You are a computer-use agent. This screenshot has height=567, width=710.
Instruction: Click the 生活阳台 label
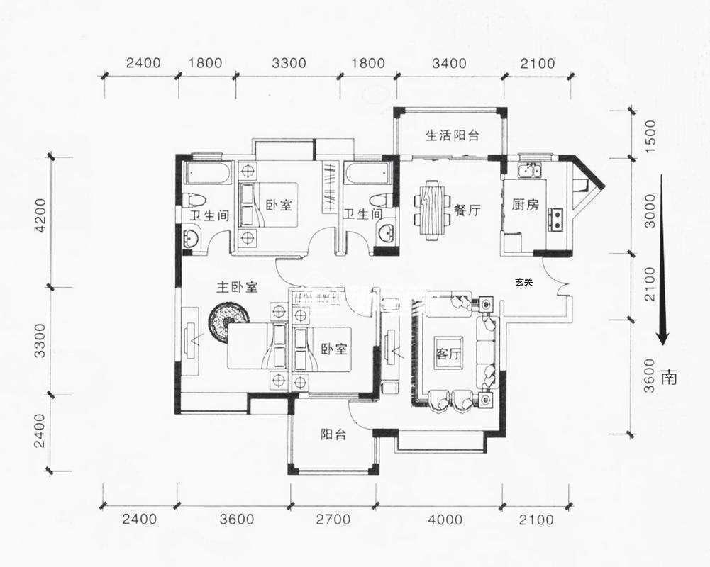(x=453, y=135)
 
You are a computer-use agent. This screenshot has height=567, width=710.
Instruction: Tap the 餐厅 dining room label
(x=467, y=210)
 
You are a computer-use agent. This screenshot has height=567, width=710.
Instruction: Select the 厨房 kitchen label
(x=525, y=205)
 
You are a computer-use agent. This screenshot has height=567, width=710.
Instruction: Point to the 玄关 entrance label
(x=524, y=282)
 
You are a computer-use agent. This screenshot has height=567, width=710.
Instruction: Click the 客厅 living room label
(x=448, y=354)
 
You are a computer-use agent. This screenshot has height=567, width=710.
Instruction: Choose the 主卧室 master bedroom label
(x=237, y=287)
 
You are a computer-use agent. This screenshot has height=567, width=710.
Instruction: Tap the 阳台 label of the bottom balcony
(x=333, y=434)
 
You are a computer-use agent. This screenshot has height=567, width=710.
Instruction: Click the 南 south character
(x=668, y=377)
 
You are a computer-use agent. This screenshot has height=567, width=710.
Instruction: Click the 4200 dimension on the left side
(x=40, y=215)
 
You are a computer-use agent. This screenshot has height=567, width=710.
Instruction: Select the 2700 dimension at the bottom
(x=333, y=520)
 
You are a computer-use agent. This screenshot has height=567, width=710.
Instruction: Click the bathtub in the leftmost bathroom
(x=207, y=174)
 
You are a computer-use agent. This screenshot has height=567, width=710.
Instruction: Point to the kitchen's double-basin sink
(x=528, y=169)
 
